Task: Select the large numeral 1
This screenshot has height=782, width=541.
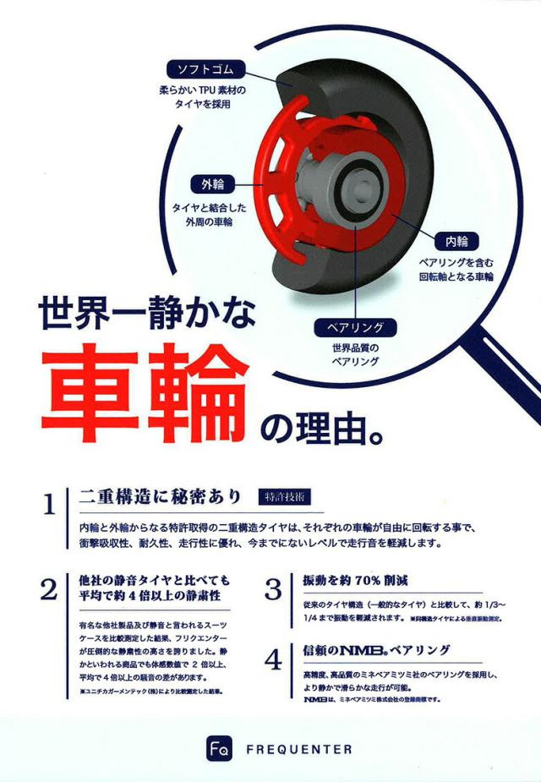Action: [x=50, y=506]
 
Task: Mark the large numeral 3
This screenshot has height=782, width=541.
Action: [x=273, y=588]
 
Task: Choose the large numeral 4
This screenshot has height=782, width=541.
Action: [x=273, y=659]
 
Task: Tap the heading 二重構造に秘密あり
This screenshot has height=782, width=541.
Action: [x=160, y=495]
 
